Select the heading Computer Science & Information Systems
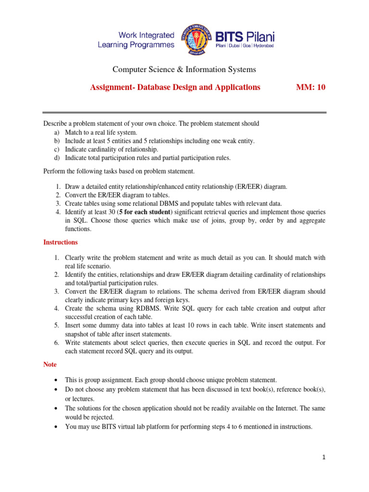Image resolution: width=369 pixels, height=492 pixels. click(x=184, y=70)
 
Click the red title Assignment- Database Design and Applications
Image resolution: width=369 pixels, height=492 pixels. click(x=175, y=87)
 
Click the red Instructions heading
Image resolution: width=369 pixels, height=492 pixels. click(x=61, y=242)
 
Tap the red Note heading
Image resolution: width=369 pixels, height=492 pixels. click(x=50, y=365)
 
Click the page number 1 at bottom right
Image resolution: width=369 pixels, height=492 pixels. click(x=324, y=457)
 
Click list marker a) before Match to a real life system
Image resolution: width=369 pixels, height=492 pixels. click(x=56, y=132)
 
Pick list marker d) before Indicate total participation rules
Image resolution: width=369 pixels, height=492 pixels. click(x=56, y=157)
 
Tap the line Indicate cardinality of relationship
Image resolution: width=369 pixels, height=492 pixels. click(x=111, y=149)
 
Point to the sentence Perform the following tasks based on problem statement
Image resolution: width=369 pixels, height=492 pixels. click(x=119, y=171)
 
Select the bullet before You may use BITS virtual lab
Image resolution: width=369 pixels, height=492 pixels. click(x=58, y=426)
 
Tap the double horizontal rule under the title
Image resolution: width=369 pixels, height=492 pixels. click(x=184, y=113)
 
